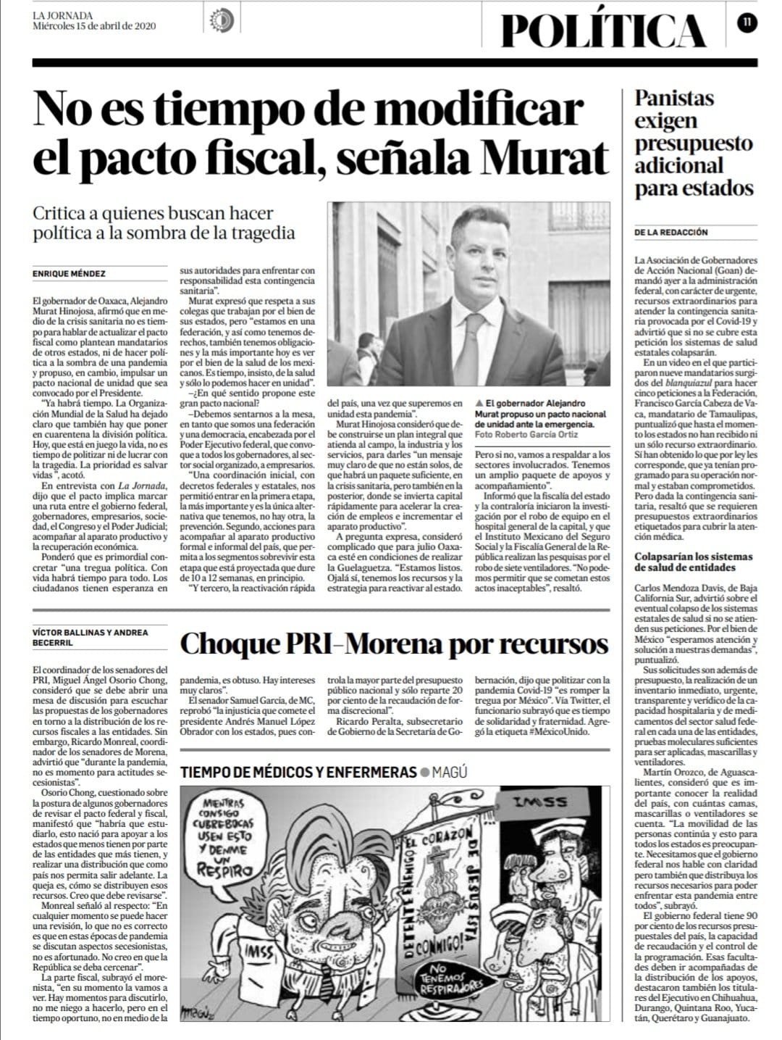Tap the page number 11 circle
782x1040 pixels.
pos(746,22)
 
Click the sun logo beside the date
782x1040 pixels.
pos(219,21)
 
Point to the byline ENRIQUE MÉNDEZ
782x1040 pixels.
pos(70,274)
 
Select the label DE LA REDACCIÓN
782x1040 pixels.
pos(671,233)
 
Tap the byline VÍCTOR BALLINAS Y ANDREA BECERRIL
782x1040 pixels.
pos(91,638)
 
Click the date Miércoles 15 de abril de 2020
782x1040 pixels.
pos(95,26)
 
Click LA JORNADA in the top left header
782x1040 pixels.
pos(62,14)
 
